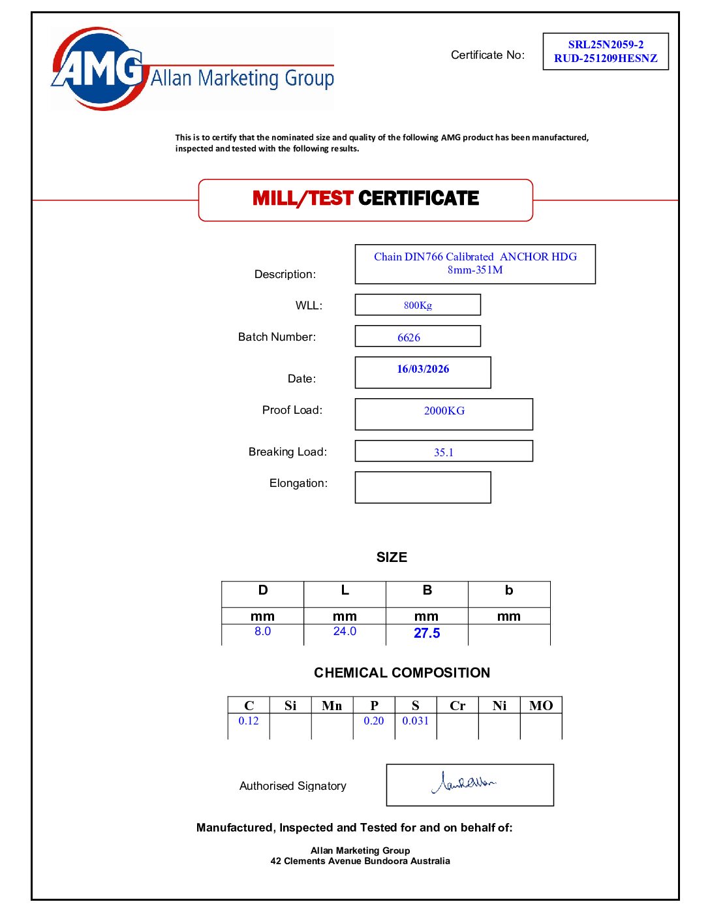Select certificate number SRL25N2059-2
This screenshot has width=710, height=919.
click(606, 44)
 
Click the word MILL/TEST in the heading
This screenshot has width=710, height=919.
click(303, 198)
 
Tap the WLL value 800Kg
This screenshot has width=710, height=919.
click(418, 305)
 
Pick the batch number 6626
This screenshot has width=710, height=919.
click(409, 337)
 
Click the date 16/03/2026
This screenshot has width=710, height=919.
click(423, 369)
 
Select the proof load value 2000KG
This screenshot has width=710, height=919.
click(444, 411)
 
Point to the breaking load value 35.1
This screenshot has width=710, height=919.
click(444, 452)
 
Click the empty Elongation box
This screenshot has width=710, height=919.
click(423, 488)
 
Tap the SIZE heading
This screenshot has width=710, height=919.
click(392, 557)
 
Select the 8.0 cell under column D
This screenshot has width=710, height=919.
click(262, 632)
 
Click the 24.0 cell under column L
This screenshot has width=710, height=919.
click(345, 632)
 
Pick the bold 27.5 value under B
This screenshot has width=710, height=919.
click(427, 633)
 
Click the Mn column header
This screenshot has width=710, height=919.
click(332, 706)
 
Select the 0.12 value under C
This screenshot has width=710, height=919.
click(249, 721)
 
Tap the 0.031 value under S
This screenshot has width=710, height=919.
click(416, 721)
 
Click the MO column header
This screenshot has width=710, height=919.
click(541, 706)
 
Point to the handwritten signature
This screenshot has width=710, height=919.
click(465, 782)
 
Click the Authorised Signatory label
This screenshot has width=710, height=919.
click(293, 786)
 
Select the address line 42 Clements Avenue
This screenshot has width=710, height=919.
click(360, 862)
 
